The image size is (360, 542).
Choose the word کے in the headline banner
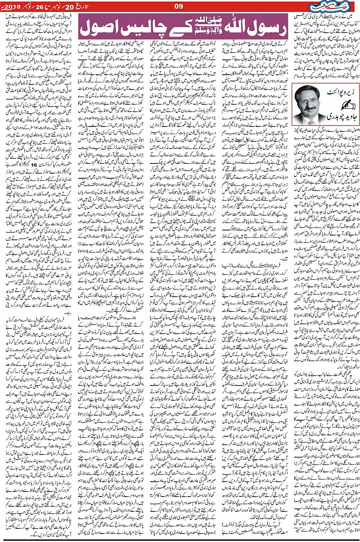pyautogui.click(x=176, y=28)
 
